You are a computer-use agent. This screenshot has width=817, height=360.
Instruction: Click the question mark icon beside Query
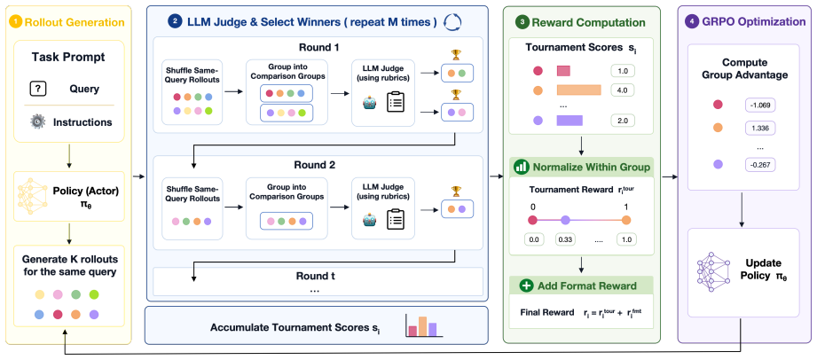38,90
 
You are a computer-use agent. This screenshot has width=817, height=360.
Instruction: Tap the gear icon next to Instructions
38,121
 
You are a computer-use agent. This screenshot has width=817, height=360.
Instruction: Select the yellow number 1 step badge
16,22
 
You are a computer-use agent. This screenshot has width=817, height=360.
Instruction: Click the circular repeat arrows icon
452,22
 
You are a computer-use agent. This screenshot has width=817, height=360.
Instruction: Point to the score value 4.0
623,90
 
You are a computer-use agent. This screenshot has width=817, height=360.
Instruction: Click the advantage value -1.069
761,106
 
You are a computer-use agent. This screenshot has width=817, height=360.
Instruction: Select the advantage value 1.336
761,129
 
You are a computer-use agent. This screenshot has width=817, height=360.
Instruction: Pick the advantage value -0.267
761,165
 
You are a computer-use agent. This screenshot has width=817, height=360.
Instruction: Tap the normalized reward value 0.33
566,239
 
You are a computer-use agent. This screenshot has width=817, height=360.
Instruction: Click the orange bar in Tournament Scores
579,90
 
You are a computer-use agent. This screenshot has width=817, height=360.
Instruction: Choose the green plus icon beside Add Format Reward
526,286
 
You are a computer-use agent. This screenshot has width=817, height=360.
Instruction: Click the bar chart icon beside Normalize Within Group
521,168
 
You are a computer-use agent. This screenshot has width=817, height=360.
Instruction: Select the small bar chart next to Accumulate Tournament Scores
422,325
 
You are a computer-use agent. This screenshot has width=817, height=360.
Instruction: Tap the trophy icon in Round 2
457,191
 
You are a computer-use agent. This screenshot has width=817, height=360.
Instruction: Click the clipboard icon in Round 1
396,102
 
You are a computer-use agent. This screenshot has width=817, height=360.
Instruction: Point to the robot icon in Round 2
370,221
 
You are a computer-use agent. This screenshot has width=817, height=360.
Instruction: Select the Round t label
315,276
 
